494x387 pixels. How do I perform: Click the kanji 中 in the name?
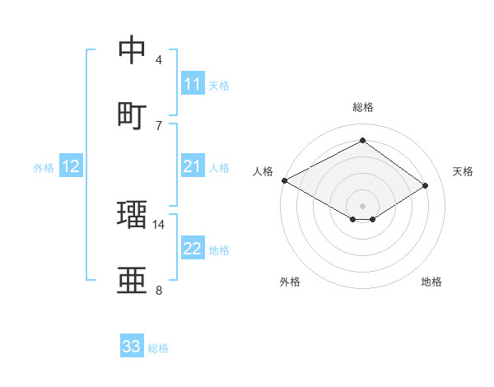pos(133,50)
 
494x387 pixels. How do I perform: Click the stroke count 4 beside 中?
pos(159,60)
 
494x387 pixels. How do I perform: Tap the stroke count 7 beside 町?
pos(159,125)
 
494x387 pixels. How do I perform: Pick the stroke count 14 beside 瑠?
pos(159,224)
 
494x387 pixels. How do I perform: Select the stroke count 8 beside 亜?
pos(159,290)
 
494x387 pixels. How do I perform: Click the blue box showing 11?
pos(193,84)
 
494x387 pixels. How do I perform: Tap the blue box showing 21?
pos(193,167)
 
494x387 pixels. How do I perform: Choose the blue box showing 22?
pos(193,249)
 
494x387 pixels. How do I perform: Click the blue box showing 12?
pos(71,167)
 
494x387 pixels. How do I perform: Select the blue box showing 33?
pos(132,347)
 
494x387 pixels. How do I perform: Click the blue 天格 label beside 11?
pos(219,85)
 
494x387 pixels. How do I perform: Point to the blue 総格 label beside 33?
pos(158,348)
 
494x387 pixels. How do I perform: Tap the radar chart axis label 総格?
pos(362,107)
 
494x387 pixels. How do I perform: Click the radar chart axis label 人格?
pos(263,171)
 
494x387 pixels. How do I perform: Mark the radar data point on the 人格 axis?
pos(284,180)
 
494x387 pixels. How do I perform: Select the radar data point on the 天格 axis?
pos(425,186)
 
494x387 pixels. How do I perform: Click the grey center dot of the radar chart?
pos(362,205)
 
